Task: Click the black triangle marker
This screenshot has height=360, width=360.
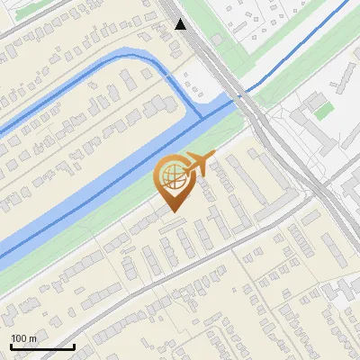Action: [x=181, y=24]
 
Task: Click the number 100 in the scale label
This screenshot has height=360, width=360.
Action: [x=20, y=338]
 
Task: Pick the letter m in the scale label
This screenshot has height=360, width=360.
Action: [x=33, y=338]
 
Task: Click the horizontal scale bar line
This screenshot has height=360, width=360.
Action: [x=42, y=346]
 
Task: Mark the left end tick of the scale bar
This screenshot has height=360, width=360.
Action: [x=11, y=345]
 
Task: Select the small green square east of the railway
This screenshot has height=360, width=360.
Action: [x=324, y=111]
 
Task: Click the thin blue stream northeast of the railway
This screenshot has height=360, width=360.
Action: [x=297, y=54]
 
